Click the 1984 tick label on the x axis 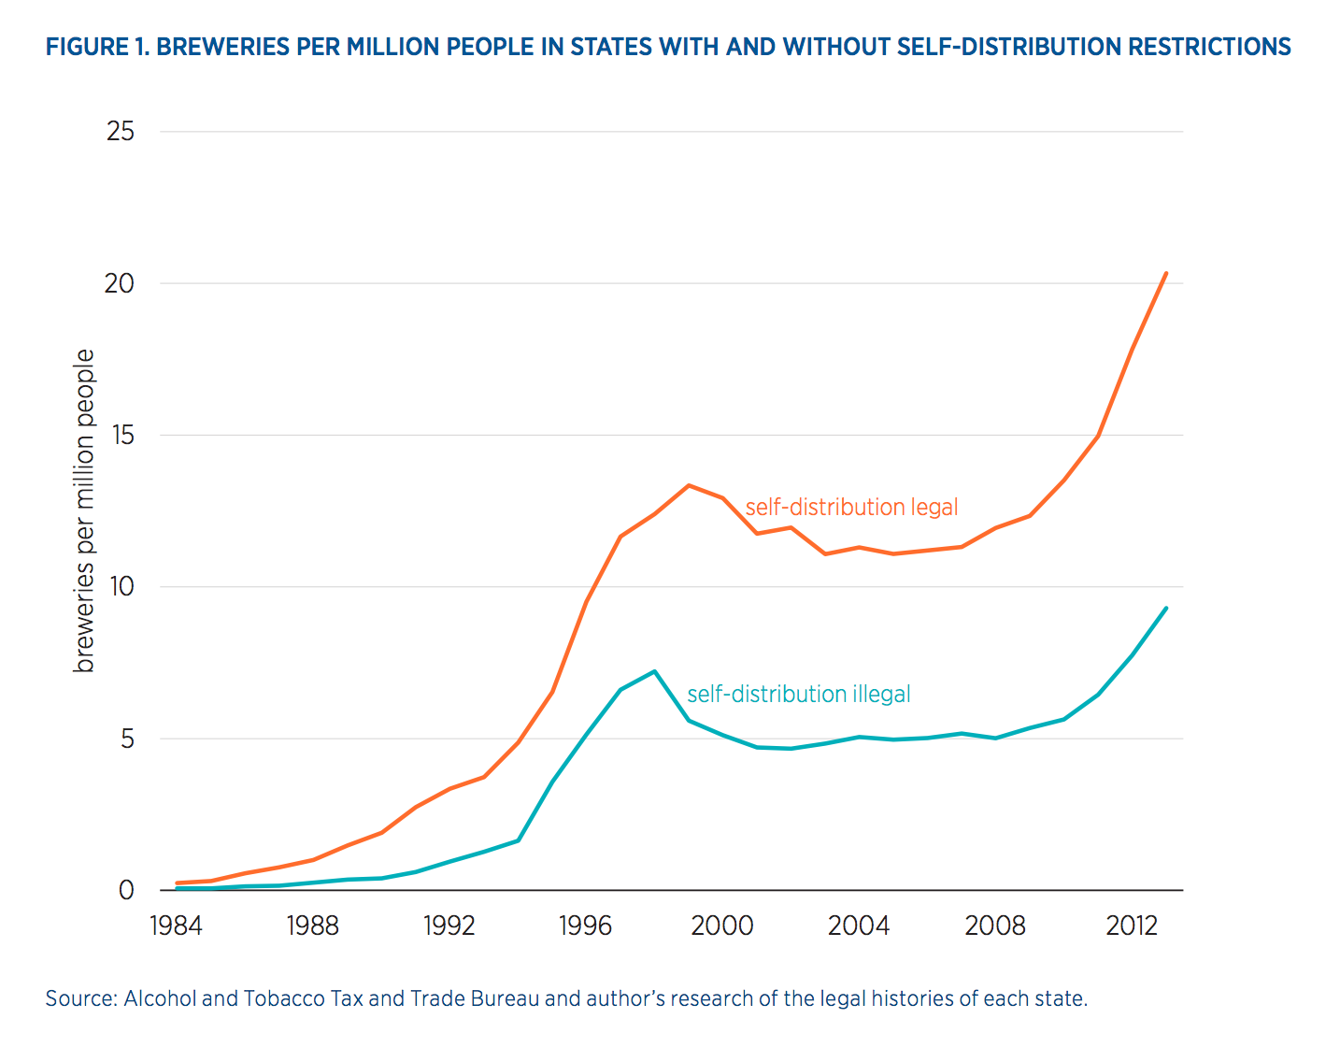(x=176, y=926)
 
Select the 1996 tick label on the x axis (x=585, y=926)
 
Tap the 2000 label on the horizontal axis (x=721, y=926)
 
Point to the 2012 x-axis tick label (x=1132, y=926)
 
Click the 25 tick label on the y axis (x=121, y=132)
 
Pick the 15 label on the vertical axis (x=121, y=436)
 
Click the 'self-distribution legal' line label (x=851, y=508)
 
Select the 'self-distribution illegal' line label (x=798, y=695)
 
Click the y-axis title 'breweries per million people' (x=85, y=510)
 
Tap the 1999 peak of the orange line (x=689, y=485)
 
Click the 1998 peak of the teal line (x=654, y=671)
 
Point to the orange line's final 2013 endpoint (x=1166, y=273)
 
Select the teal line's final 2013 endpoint (x=1166, y=609)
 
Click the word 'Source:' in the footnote (x=81, y=998)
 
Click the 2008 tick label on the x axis (x=995, y=926)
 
